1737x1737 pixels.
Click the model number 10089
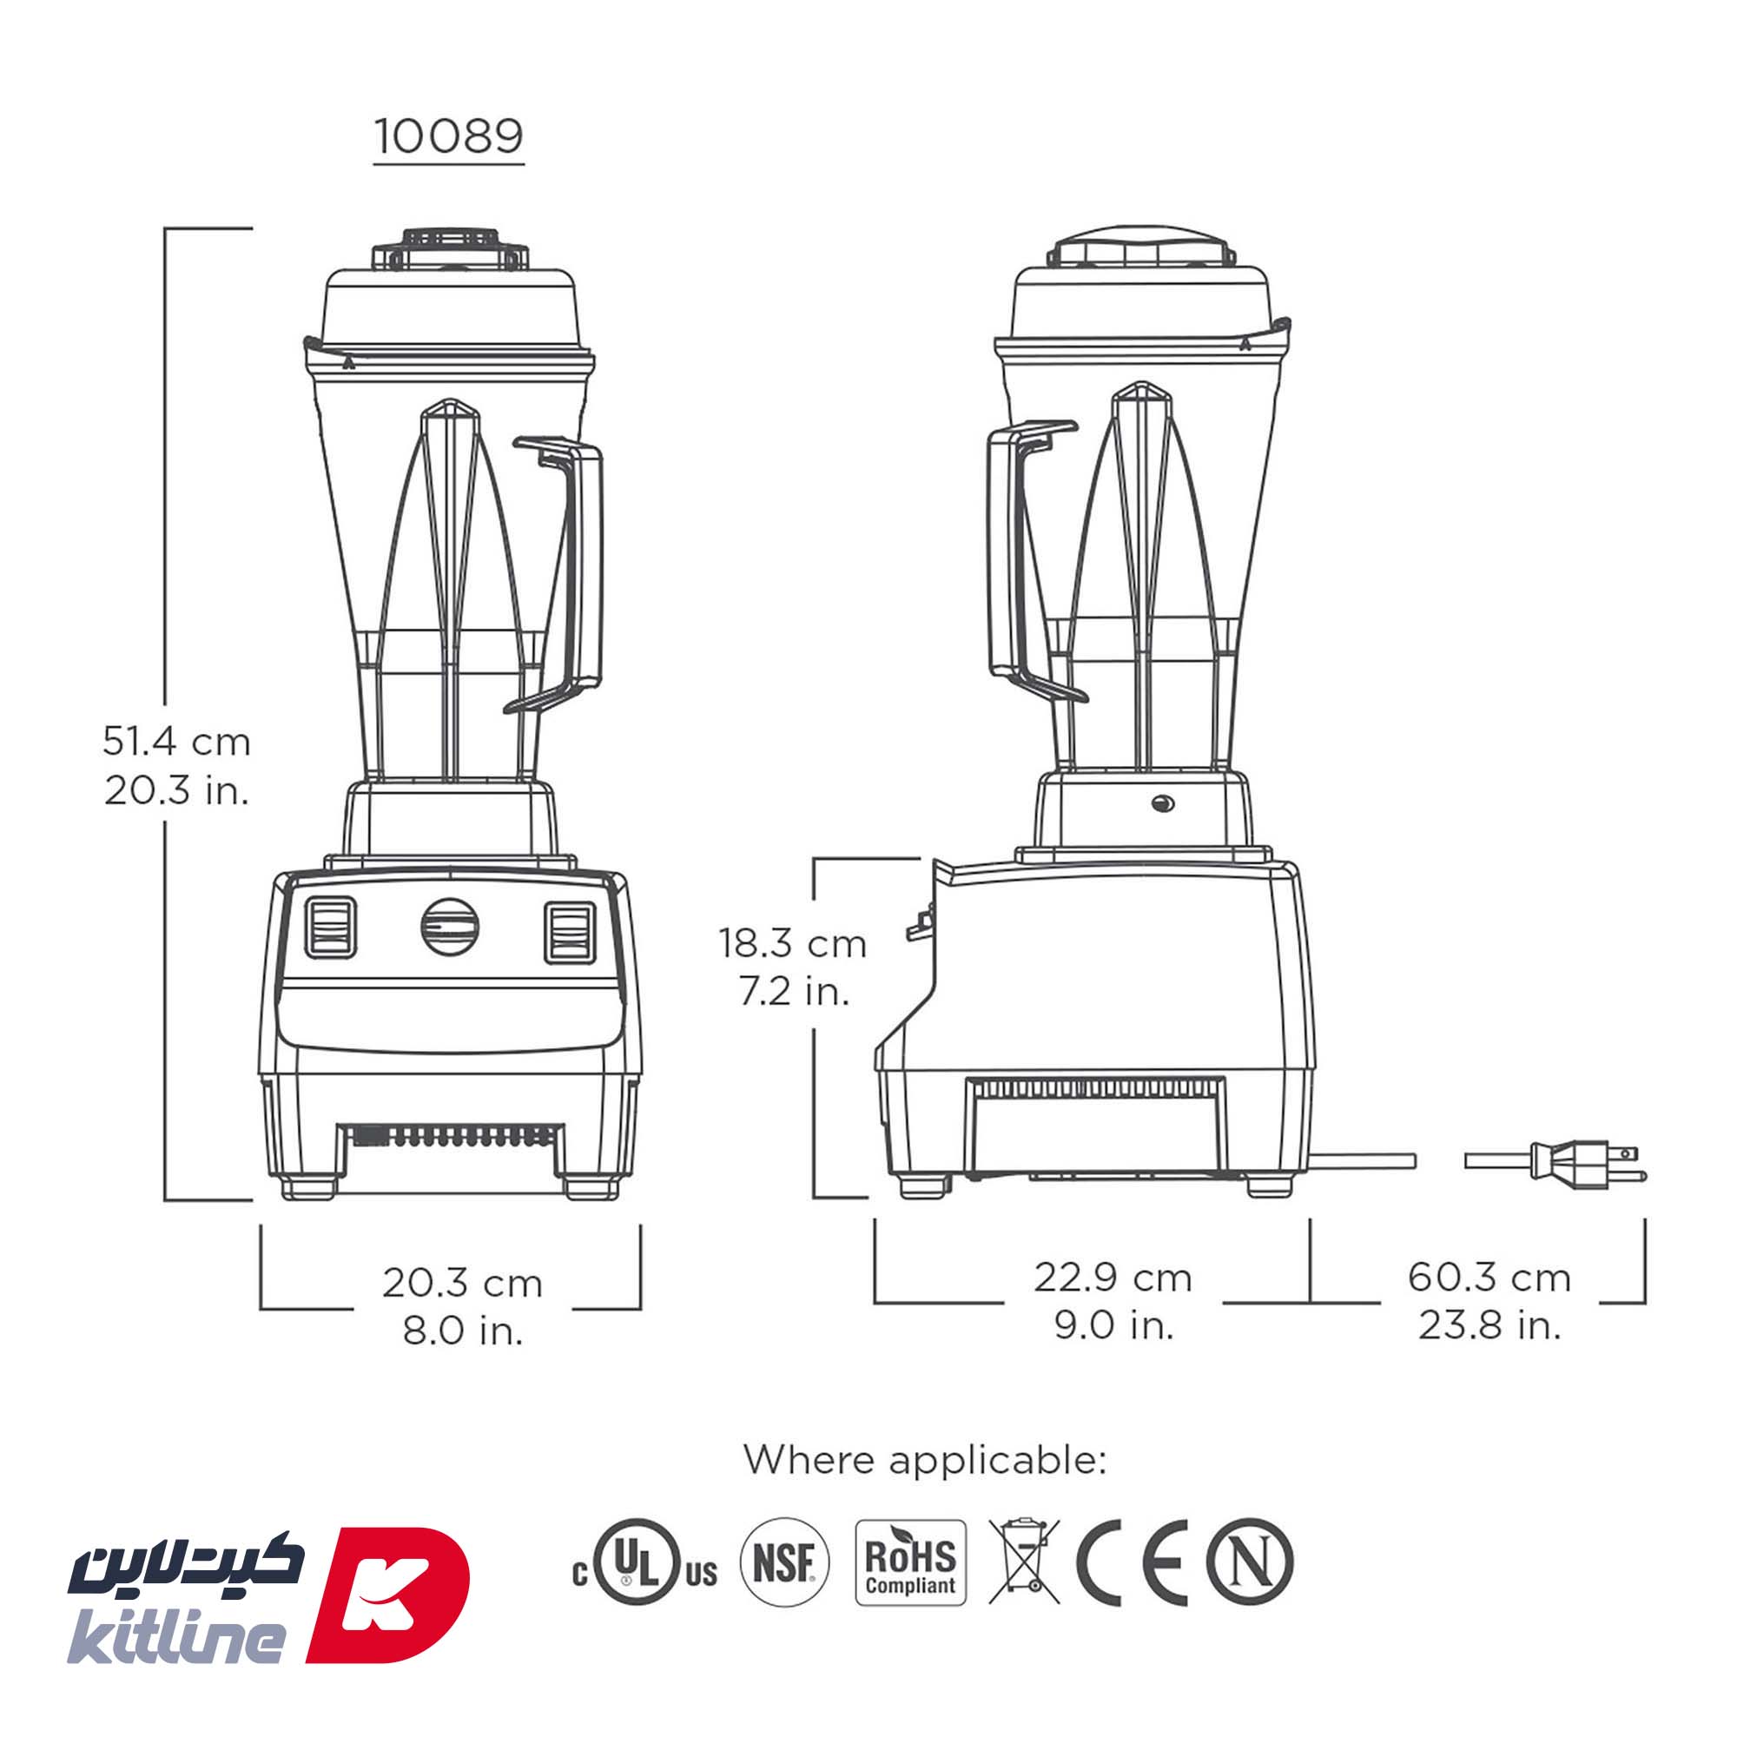point(449,137)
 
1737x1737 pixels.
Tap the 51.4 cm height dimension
point(176,742)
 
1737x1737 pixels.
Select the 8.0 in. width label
point(462,1331)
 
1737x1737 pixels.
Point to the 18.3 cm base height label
point(792,944)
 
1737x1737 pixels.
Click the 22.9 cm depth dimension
point(1113,1278)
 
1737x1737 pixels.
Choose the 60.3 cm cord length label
point(1489,1278)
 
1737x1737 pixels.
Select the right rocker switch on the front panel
point(568,931)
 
